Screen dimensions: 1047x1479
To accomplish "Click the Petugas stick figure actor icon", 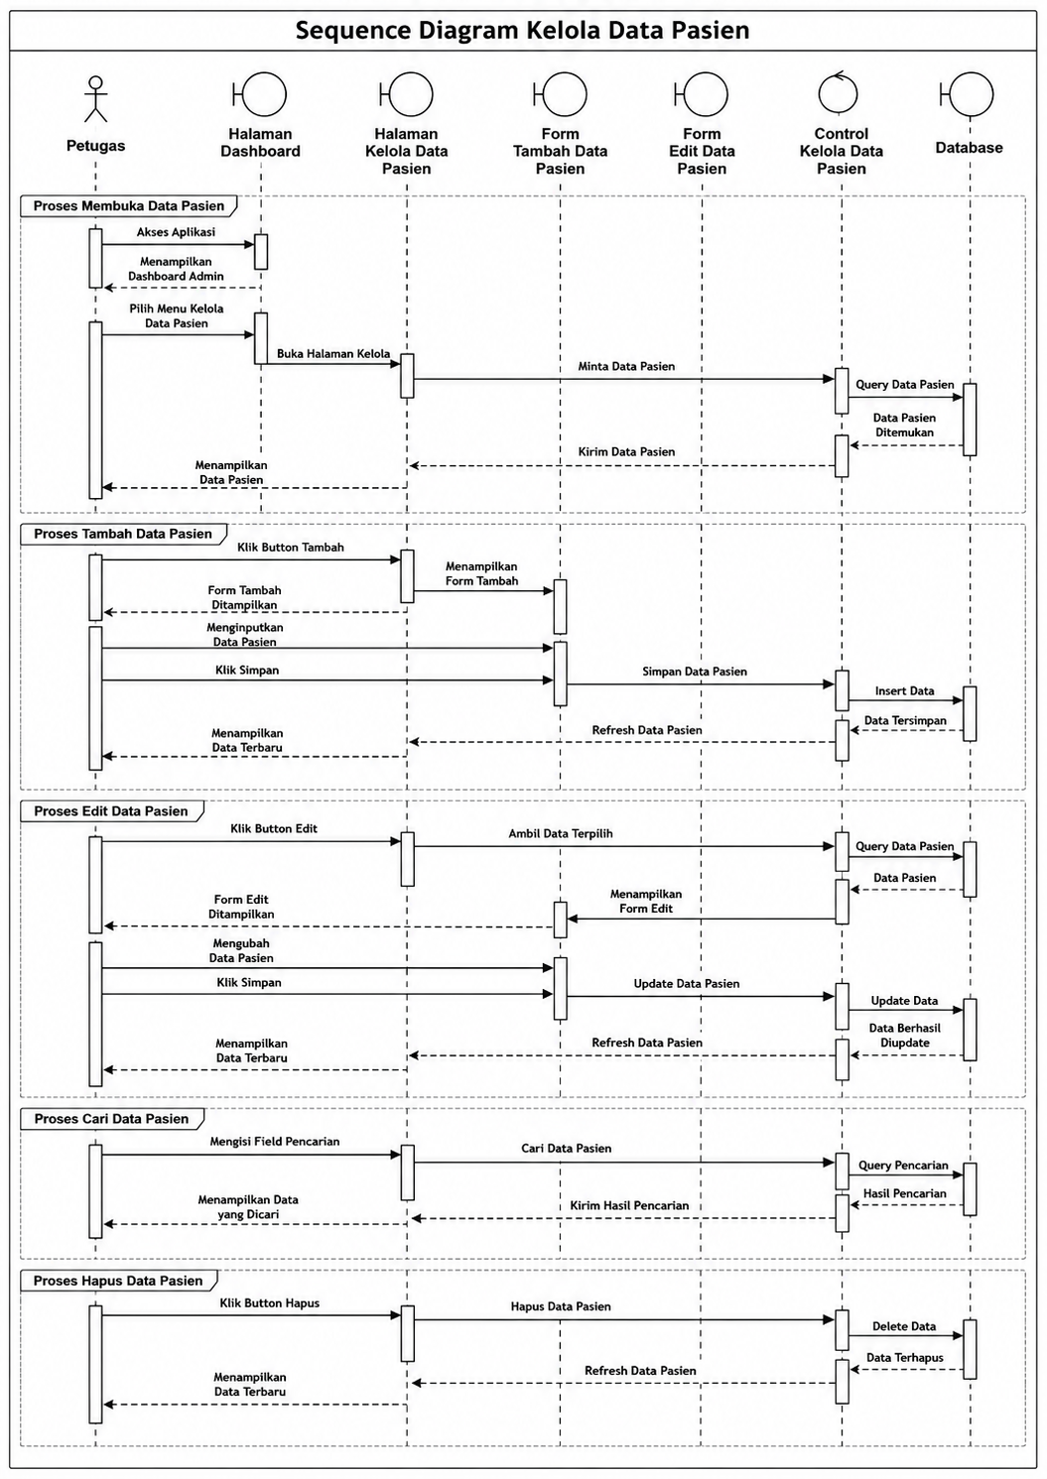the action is tap(96, 99).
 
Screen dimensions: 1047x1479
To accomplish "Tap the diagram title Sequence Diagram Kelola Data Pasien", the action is tap(522, 31).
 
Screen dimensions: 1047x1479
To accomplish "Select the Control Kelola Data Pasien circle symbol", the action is tap(839, 93).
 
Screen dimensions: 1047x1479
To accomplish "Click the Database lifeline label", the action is tap(969, 148).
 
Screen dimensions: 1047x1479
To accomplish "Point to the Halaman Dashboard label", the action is tap(260, 143).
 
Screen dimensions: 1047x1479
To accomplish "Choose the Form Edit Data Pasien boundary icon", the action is tap(701, 94).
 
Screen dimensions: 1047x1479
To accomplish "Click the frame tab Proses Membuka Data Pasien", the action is tap(129, 206).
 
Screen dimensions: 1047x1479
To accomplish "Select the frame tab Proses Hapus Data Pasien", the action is tap(118, 1281).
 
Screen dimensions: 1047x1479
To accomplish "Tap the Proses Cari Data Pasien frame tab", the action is tap(111, 1119).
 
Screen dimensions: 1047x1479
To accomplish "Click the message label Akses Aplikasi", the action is tap(176, 232).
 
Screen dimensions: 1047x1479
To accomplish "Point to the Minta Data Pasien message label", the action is tap(626, 366).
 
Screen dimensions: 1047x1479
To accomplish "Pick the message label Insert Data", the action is tap(904, 691).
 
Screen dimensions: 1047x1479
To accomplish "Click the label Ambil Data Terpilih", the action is tap(560, 834).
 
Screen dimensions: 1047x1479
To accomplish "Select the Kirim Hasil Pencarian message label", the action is tap(629, 1205).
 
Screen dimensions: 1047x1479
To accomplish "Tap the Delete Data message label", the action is tap(904, 1326).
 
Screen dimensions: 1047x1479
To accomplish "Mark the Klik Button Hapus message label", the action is tap(270, 1303).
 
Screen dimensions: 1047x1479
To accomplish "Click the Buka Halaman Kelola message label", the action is tap(333, 354).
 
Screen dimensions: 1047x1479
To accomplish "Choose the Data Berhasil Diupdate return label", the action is tap(904, 1036).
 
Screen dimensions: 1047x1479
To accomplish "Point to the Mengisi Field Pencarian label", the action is tap(275, 1142).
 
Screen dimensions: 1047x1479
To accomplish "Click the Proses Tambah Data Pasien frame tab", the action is tap(123, 534).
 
